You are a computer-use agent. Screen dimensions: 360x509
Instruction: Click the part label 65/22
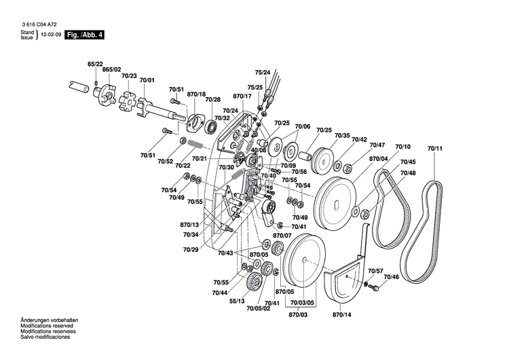[x=94, y=64]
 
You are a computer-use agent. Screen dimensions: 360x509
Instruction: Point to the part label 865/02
[x=112, y=70]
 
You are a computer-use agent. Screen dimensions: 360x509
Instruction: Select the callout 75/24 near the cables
[x=263, y=72]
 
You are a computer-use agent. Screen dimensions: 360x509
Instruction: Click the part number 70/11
[x=435, y=148]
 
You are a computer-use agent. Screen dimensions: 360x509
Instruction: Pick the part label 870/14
[x=342, y=315]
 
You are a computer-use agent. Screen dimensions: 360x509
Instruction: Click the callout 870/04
[x=379, y=159]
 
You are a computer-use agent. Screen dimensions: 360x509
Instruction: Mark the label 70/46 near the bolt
[x=391, y=276]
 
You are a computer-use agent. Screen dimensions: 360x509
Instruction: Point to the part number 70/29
[x=190, y=249]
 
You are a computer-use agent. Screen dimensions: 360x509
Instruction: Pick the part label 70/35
[x=342, y=136]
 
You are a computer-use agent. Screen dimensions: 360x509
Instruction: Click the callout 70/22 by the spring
[x=183, y=166]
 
